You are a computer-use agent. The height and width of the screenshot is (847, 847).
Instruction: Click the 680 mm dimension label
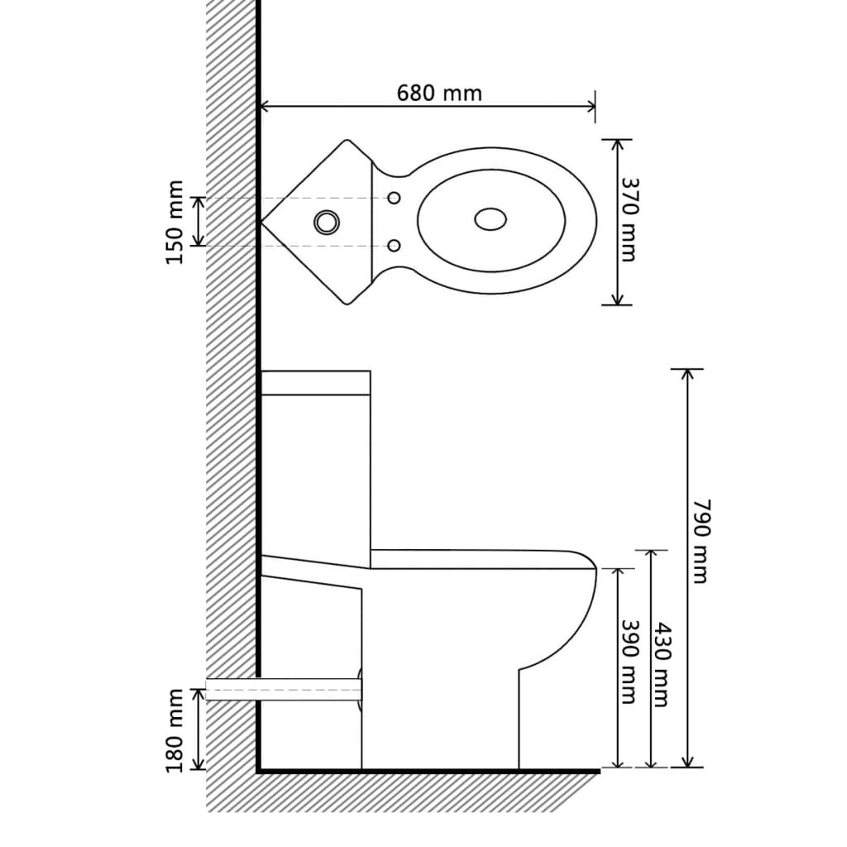[x=438, y=93]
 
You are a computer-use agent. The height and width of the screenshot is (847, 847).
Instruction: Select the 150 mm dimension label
[x=175, y=222]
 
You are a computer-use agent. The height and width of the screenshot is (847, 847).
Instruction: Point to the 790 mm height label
[x=700, y=541]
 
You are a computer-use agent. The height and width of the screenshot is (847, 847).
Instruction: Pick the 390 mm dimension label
[x=629, y=662]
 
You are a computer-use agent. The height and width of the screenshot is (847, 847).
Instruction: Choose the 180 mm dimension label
[x=175, y=730]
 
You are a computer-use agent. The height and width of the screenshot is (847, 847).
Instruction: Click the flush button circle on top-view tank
[x=326, y=221]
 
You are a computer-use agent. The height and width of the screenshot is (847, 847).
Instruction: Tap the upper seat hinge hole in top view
[x=395, y=198]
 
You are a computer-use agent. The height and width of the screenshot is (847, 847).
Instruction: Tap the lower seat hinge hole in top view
[x=395, y=246]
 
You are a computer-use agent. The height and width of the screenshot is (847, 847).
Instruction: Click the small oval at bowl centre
[x=490, y=219]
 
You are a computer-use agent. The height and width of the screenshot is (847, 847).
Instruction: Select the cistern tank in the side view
[x=315, y=463]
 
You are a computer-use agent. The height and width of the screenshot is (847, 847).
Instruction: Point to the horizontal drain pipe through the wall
[x=281, y=689]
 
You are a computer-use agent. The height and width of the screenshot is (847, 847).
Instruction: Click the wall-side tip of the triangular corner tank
[x=262, y=222]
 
